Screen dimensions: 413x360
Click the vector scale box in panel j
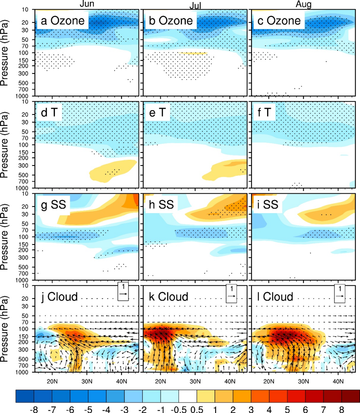[x=123, y=293]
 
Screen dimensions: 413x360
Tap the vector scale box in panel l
[x=340, y=293]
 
